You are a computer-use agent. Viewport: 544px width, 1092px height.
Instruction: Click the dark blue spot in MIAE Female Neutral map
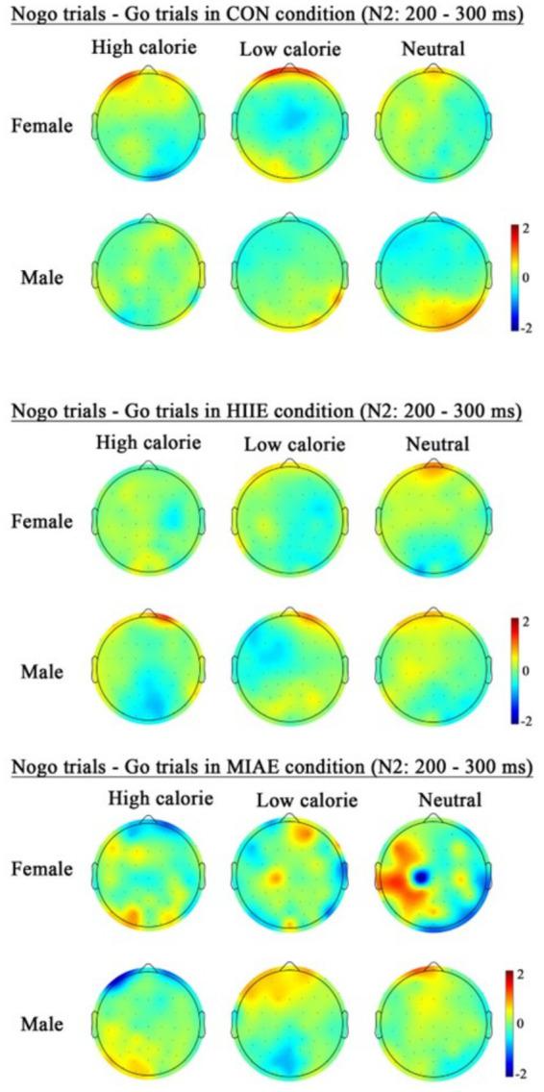click(x=420, y=878)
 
